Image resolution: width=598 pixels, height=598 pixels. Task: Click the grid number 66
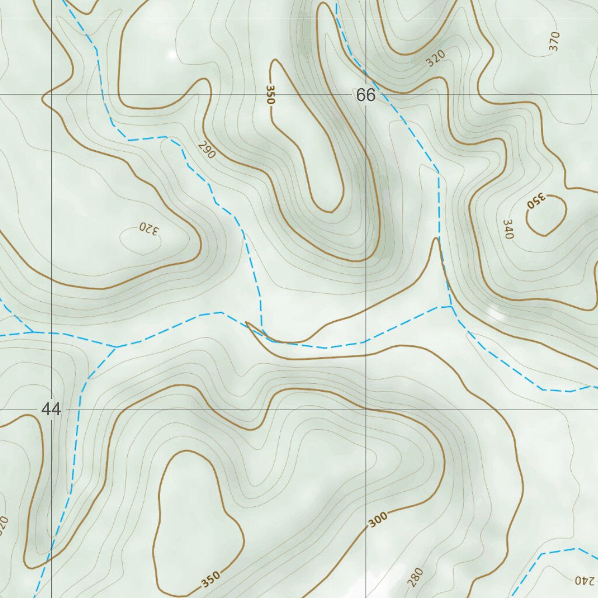[x=366, y=95]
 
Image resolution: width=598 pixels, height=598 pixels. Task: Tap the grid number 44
[x=51, y=409]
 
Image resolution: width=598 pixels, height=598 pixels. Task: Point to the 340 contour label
[x=507, y=230]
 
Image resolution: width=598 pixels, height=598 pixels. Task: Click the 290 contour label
[x=207, y=150]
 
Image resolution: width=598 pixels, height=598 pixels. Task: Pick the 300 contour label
[x=378, y=520]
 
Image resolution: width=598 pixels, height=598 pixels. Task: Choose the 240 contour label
[x=583, y=580]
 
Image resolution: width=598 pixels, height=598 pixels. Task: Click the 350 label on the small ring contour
[x=535, y=201]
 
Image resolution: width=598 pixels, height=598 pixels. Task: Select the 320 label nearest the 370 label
[x=436, y=58]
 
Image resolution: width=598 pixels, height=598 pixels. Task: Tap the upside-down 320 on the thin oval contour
[x=148, y=230]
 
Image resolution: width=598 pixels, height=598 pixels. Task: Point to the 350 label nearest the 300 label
[x=211, y=579]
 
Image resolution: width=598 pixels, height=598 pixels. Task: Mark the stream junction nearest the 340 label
[x=451, y=305]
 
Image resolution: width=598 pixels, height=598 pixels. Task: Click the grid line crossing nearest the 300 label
[x=366, y=409]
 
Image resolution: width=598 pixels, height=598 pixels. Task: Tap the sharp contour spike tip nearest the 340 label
[x=436, y=239]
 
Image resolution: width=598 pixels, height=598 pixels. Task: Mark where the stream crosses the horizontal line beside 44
[x=77, y=409]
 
